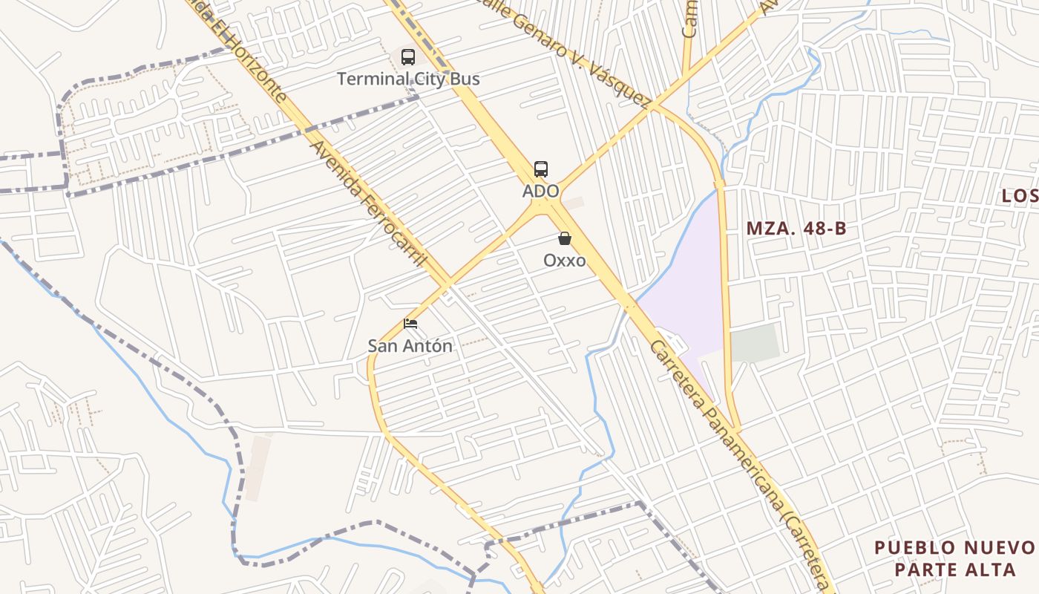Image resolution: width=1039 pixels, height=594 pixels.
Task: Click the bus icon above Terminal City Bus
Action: [407, 56]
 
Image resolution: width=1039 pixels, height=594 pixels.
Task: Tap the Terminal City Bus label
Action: [408, 79]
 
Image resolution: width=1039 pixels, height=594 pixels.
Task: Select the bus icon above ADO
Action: [541, 169]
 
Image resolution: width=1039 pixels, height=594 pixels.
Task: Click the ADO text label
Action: [540, 191]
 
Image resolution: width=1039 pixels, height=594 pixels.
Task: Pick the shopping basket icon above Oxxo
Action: [565, 238]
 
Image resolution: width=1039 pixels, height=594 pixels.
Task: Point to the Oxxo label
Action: [564, 261]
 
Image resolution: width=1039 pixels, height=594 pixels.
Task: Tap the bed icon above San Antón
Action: [410, 324]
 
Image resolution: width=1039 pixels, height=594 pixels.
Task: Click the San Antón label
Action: [410, 345]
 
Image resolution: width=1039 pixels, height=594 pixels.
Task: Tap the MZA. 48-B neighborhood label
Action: [796, 229]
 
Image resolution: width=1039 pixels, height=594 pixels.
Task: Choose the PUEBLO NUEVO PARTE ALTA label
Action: [954, 558]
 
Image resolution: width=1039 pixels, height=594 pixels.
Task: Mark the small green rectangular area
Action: [755, 344]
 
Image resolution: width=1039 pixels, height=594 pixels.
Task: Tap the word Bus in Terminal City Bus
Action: [464, 79]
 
